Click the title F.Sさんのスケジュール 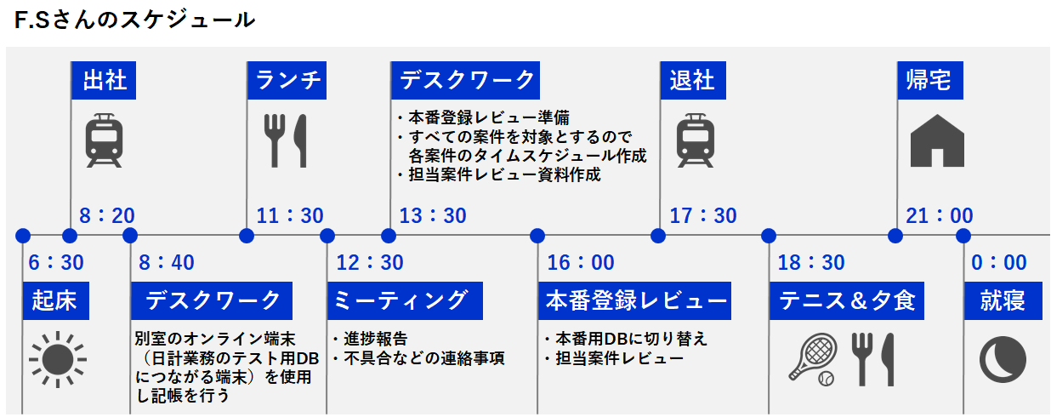point(134,20)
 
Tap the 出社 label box point(104,80)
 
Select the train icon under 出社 point(104,140)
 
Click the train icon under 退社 point(696,140)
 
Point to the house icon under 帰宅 point(937,141)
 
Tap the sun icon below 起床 point(57,360)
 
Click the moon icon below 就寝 point(1003,360)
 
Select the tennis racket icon point(813,359)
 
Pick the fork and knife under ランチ point(285,141)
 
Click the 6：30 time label point(56,262)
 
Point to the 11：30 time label point(289,216)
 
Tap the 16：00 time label point(581,262)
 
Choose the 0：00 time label point(999,262)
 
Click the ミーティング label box point(405,301)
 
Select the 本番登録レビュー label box point(635,301)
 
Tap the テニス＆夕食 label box point(847,301)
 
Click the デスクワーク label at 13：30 point(465,80)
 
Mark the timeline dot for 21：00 point(895,236)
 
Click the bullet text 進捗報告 point(375,339)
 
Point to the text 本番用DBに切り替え point(631,339)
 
